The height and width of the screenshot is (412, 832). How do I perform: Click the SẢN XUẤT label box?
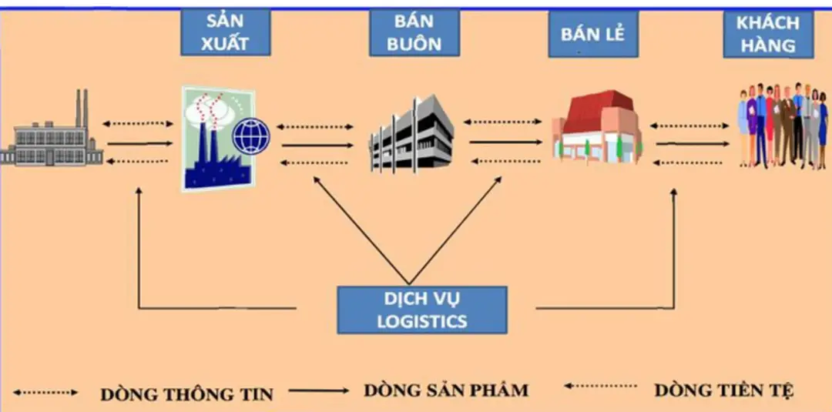225,32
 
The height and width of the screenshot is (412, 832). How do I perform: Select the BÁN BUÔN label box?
414,32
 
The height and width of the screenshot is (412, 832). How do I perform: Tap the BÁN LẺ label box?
592,35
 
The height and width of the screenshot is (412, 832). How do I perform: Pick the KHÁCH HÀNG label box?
767,34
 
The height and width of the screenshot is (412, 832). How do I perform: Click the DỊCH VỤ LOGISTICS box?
421,310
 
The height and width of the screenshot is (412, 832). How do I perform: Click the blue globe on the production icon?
251,136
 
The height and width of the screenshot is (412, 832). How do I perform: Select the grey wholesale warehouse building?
411,135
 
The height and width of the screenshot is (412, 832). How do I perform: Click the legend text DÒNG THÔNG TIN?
186,394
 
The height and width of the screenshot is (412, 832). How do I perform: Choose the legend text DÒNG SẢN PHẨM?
446,390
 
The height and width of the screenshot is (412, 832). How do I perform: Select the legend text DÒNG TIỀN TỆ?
723,390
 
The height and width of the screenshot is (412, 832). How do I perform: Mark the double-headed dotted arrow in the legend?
45,393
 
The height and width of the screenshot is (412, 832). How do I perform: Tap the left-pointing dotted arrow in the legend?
600,386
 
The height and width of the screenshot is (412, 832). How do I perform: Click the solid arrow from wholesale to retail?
505,142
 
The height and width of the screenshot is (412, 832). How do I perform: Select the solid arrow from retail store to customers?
691,143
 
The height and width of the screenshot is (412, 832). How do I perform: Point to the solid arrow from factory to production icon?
139,143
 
